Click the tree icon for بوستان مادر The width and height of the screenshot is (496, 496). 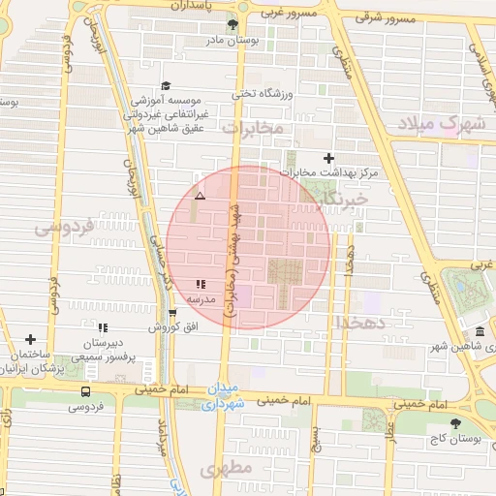[232, 24]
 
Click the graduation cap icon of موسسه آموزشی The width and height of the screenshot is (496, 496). [165, 85]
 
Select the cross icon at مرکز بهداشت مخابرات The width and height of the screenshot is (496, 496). [328, 158]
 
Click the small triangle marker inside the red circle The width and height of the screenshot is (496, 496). [200, 197]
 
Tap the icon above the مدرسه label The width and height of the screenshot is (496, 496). [201, 284]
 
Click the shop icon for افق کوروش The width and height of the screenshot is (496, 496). [172, 313]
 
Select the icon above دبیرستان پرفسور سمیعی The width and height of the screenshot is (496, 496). [103, 327]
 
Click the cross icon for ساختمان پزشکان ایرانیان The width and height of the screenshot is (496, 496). [32, 340]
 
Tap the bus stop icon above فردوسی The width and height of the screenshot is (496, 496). [87, 392]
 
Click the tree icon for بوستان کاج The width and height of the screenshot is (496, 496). [455, 422]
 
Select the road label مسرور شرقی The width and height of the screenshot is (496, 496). [385, 17]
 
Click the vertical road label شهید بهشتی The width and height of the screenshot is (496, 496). [232, 266]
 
